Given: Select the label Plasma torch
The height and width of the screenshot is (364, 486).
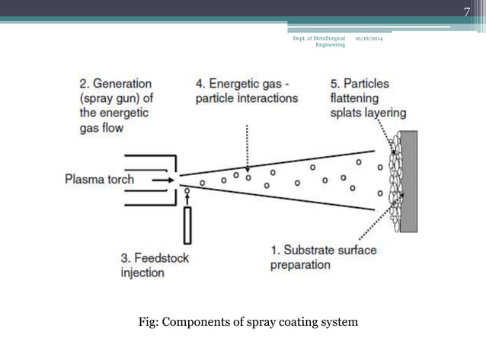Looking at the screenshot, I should [99, 180].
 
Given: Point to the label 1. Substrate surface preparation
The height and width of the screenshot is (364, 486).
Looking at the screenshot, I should [323, 257].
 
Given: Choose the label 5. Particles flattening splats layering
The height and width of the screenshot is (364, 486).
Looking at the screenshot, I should [368, 98].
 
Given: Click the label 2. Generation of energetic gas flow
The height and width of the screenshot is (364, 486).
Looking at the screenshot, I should [114, 106].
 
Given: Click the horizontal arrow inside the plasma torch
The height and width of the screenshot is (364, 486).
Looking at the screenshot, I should [162, 180].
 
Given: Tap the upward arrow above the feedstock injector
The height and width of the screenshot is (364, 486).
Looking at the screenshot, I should [187, 196].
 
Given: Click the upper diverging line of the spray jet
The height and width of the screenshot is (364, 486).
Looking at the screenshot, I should [282, 163].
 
